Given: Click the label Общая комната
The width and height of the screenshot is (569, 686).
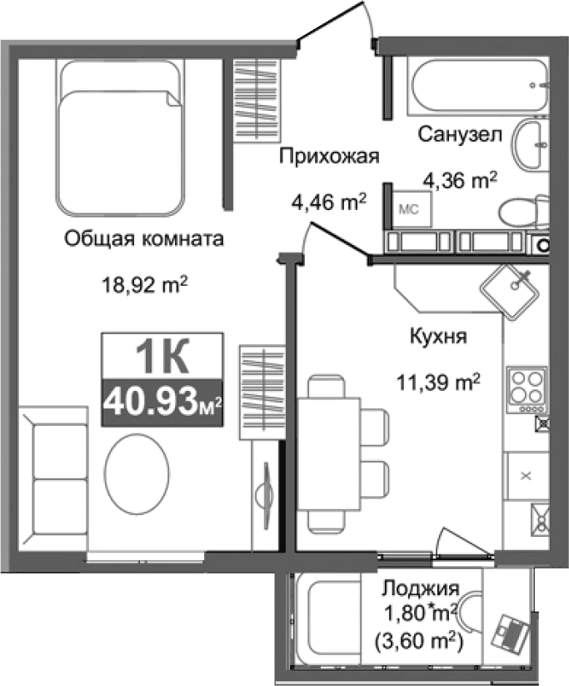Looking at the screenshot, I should click(145, 240).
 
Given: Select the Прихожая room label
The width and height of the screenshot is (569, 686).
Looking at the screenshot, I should click(329, 157).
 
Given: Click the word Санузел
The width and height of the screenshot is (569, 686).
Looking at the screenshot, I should click(459, 133).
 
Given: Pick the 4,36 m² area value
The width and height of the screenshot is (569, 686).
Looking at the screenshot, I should click(459, 178).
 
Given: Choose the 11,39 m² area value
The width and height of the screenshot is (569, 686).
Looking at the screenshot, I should click(438, 383).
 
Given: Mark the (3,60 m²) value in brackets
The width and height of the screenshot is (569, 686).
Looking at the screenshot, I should click(419, 643).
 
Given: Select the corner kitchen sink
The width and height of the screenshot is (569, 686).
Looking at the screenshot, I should click(511, 288).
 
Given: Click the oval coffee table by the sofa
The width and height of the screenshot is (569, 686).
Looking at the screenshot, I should click(135, 482).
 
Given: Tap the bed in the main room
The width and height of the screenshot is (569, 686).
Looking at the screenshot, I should click(120, 138).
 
